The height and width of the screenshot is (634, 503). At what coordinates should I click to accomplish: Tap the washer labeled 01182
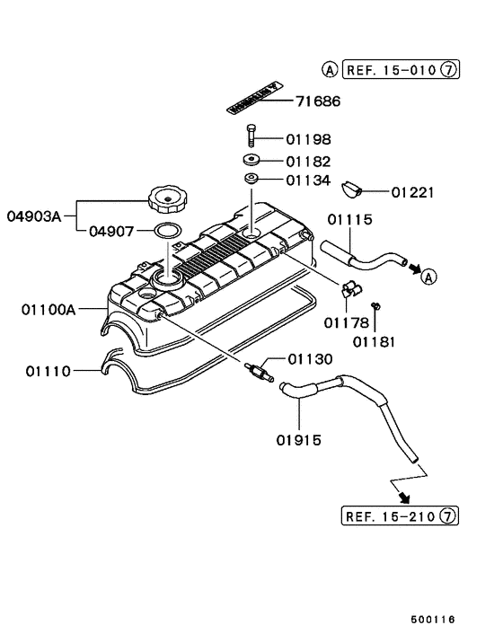coord(250,162)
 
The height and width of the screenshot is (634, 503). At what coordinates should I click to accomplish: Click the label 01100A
coord(49,310)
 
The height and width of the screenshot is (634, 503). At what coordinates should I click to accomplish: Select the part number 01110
coord(49,369)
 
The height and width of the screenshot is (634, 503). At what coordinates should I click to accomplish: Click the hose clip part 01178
coord(348,290)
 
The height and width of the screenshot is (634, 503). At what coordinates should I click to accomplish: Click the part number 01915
coord(300,440)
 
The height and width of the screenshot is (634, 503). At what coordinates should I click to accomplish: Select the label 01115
coord(349,219)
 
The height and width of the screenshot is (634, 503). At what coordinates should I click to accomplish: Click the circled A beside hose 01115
coord(428,277)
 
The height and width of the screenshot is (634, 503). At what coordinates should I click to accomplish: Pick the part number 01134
coord(308,181)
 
